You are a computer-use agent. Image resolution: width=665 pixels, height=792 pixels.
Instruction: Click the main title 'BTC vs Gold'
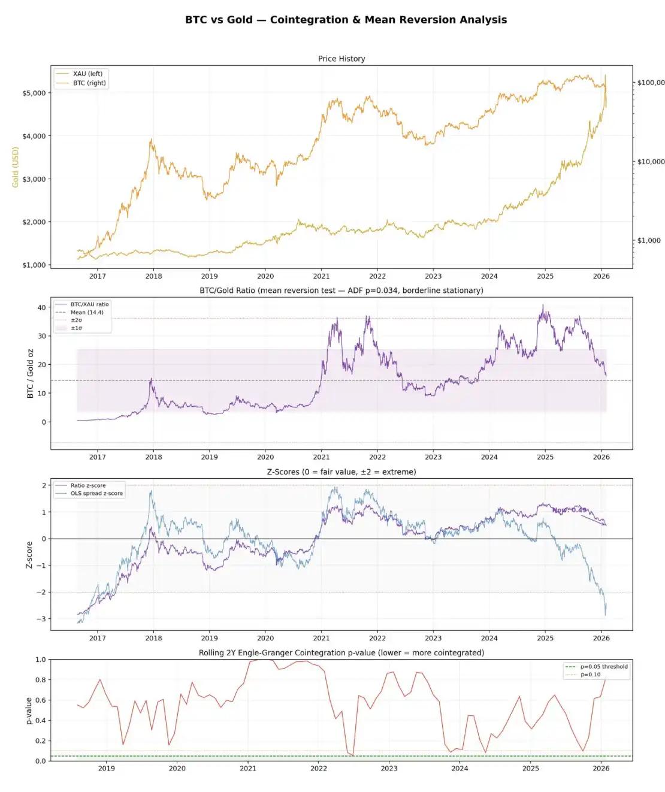coord(346,20)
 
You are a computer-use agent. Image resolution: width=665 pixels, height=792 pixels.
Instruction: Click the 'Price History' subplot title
coord(341,59)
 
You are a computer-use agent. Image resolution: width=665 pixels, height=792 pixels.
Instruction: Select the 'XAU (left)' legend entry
coord(87,74)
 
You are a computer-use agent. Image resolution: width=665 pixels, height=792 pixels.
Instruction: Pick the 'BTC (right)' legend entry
coord(89,83)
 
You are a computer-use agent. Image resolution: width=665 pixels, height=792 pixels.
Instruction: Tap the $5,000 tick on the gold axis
coord(34,93)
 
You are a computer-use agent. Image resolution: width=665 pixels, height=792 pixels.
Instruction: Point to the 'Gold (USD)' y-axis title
coord(16,167)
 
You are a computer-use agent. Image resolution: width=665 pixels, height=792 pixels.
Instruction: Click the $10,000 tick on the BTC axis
coord(650,162)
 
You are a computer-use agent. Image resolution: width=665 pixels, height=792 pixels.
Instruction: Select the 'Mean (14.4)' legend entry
coord(87,312)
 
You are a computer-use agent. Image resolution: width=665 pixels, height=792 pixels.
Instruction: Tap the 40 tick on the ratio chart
coord(41,307)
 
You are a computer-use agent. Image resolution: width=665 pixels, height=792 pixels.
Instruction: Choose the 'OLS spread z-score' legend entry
coord(96,494)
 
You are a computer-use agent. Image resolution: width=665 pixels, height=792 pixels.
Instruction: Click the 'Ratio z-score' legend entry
coord(88,486)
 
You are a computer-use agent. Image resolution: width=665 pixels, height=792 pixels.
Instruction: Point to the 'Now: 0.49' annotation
coord(569,510)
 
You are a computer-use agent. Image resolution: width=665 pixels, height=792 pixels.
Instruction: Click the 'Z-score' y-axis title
coord(29,555)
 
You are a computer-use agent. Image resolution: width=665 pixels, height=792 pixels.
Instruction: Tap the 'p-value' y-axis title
coord(29,711)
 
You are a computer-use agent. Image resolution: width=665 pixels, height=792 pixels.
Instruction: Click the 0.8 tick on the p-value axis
coord(40,680)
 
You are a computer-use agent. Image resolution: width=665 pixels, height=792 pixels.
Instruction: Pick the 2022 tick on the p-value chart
coord(319,769)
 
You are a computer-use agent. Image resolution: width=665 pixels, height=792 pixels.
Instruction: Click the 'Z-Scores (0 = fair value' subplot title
coord(341,472)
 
